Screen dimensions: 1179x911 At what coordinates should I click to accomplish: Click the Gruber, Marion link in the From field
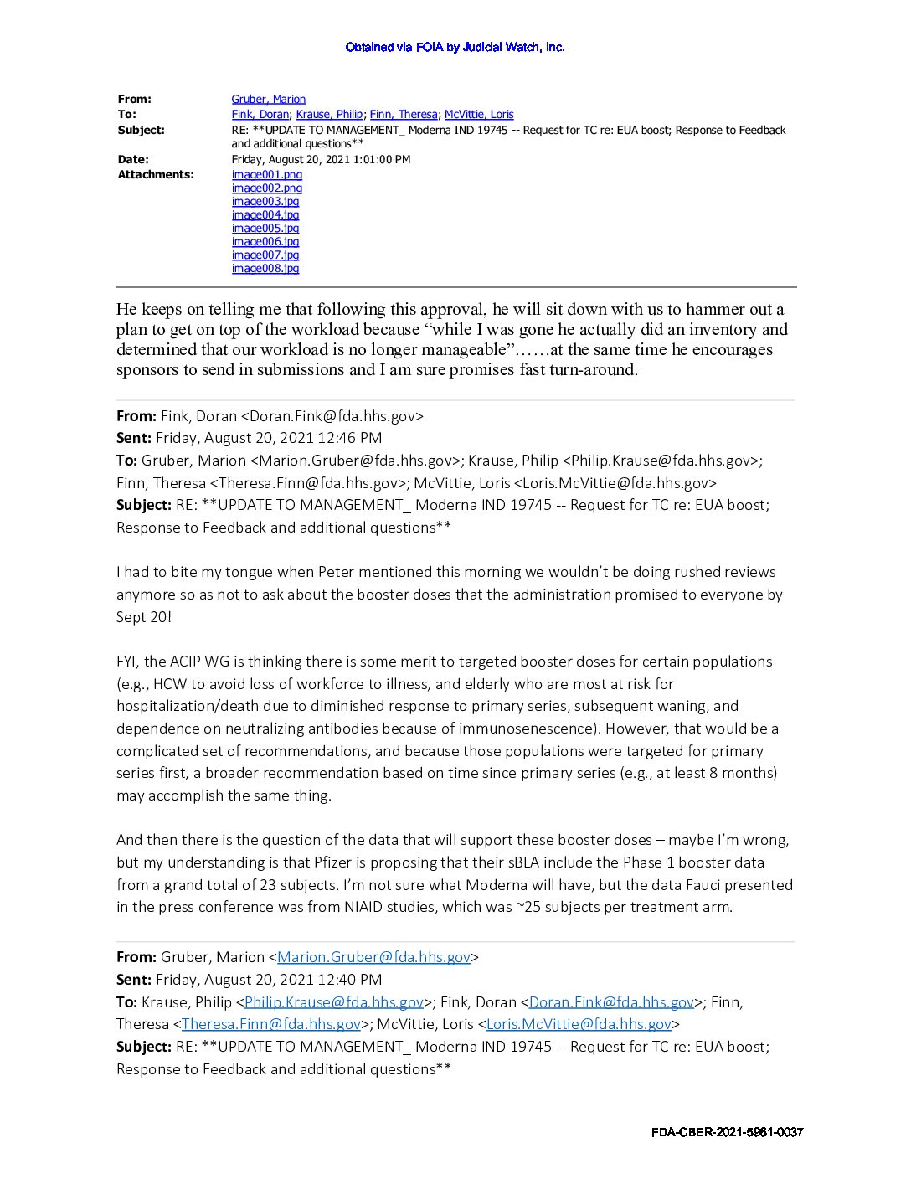268,99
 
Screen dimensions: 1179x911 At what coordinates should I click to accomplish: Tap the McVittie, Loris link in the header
479,114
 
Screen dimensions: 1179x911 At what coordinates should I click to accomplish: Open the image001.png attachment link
266,174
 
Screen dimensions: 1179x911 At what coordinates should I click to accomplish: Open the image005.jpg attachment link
265,228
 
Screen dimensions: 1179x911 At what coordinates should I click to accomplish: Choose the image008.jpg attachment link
265,268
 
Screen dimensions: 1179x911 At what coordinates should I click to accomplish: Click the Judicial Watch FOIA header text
455,47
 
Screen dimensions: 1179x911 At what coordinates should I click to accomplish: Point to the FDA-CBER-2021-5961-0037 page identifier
727,1132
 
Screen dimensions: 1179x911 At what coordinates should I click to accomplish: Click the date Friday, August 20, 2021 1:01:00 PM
321,159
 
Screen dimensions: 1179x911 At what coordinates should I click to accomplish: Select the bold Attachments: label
156,174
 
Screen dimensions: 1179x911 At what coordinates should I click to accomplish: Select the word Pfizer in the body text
456,862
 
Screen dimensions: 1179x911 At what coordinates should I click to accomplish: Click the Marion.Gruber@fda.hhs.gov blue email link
373,957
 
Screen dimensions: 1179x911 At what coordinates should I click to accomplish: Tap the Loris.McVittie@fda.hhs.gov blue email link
579,1024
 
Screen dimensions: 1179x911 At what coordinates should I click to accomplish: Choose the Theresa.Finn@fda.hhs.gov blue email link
270,1024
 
